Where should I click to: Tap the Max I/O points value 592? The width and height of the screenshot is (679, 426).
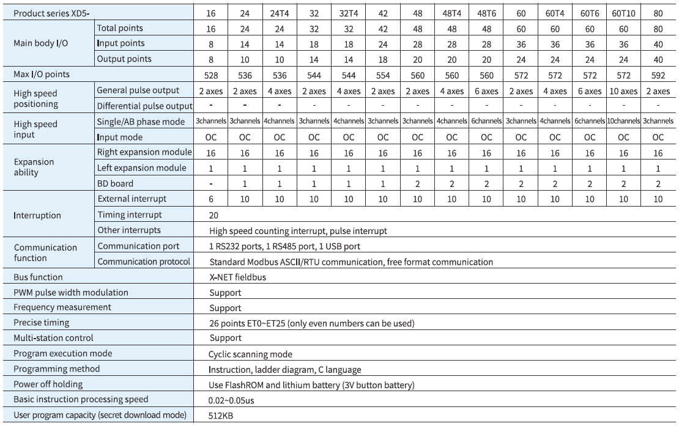(x=658, y=74)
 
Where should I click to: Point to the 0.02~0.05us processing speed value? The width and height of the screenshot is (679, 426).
(x=232, y=401)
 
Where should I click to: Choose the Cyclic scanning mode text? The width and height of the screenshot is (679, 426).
(x=250, y=354)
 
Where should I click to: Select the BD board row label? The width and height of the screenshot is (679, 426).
(x=115, y=183)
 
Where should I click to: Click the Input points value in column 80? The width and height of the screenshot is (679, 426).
(x=658, y=43)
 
